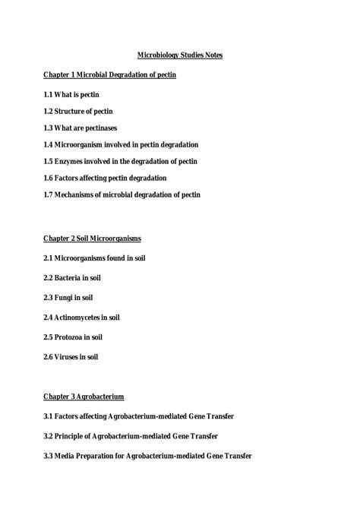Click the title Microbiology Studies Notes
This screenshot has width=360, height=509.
[x=179, y=55]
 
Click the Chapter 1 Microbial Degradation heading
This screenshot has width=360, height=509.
[x=110, y=76]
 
